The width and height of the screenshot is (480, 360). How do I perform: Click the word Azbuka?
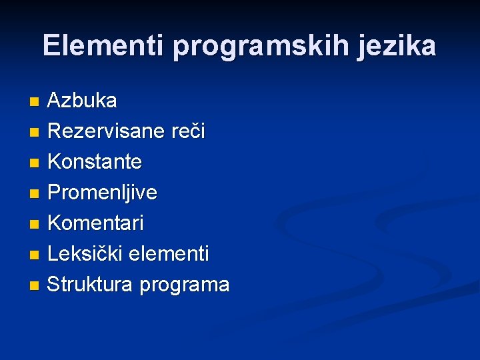pyautogui.click(x=82, y=101)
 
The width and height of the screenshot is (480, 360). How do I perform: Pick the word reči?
pyautogui.click(x=187, y=131)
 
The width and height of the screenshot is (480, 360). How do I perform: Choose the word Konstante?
pyautogui.click(x=95, y=162)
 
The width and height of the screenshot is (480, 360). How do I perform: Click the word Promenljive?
pyautogui.click(x=103, y=193)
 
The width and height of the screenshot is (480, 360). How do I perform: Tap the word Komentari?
pyautogui.click(x=95, y=223)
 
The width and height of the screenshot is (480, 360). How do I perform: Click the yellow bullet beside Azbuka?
pyautogui.click(x=35, y=102)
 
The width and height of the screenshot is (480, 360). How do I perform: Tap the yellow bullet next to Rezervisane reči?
pyautogui.click(x=35, y=133)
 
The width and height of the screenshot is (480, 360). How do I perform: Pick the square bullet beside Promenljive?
pyautogui.click(x=35, y=194)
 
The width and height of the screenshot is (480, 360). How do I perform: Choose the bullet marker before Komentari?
pyautogui.click(x=35, y=225)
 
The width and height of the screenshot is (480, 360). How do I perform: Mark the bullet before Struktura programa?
pyautogui.click(x=35, y=286)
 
